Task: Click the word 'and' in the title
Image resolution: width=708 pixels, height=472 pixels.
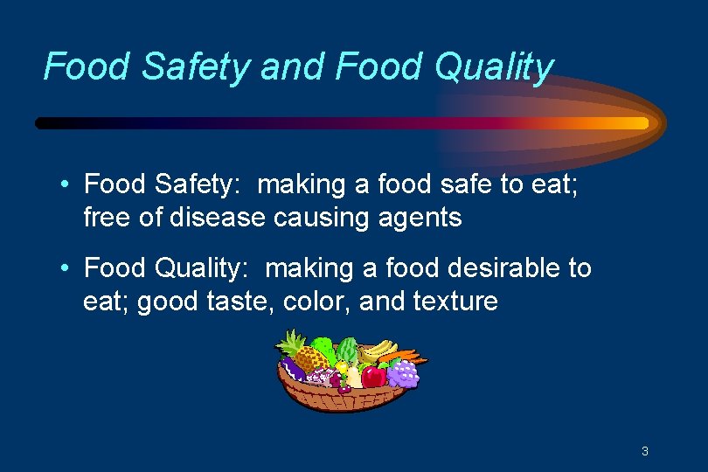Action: point(283,66)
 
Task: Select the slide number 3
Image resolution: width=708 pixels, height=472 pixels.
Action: point(644,452)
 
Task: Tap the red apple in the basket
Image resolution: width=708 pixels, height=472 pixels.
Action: point(374,376)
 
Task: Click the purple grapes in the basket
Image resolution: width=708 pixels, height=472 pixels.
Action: point(403,374)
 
